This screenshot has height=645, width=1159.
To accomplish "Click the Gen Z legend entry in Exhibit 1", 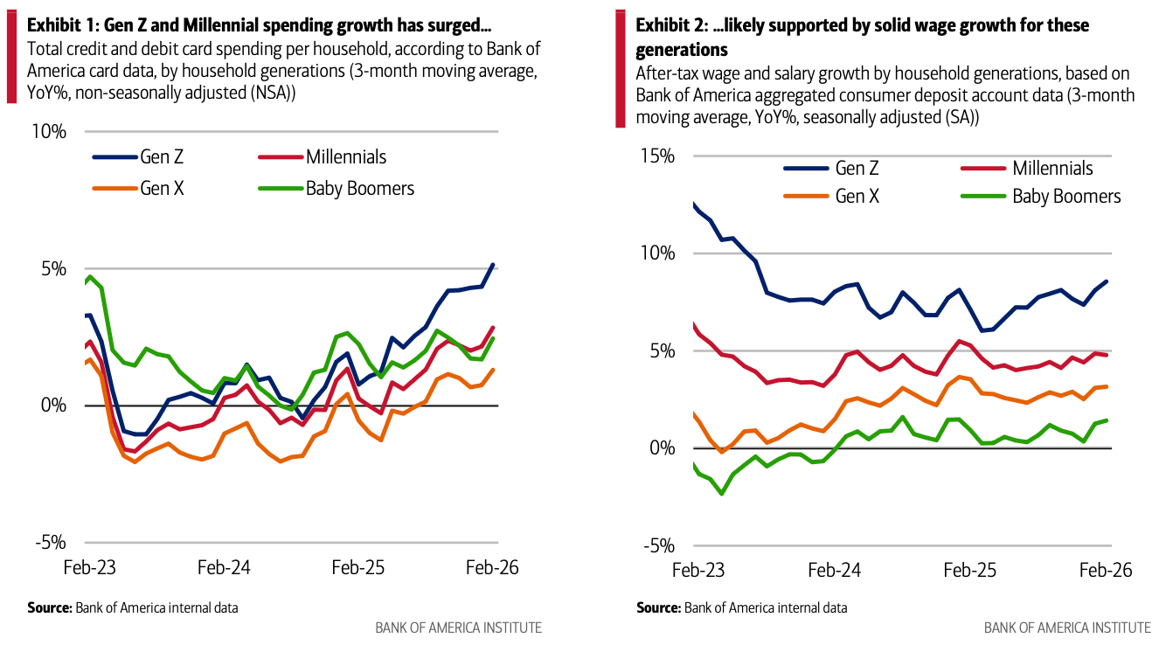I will pos(140,157).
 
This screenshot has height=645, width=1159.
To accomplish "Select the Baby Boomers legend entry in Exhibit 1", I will pos(337,188).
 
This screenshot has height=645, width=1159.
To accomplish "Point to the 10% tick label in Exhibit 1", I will pos(49,132).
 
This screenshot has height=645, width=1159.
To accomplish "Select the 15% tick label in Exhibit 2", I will pos(657,156).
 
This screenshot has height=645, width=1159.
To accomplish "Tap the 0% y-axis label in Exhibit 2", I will pos(662,448).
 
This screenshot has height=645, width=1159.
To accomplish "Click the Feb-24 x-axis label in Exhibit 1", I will pos(224,567).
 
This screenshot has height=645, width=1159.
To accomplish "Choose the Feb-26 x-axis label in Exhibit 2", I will pos(1105,570).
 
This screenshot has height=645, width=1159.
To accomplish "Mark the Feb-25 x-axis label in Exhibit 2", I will pos(970,570).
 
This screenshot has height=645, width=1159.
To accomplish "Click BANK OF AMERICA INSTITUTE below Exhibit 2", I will pos(1067,628).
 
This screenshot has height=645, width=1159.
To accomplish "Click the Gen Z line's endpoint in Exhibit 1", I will pos(493,265).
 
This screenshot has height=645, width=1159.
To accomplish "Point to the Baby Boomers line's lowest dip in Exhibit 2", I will pos(722,494).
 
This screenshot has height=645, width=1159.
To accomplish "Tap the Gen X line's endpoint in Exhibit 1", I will pos(493,370).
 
